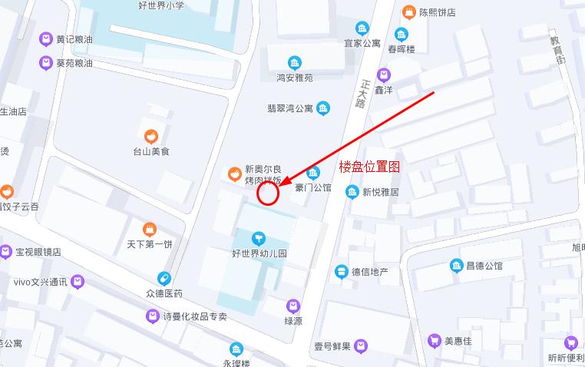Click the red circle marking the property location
[267, 193]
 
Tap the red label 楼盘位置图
[369, 166]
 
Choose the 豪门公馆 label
[312, 187]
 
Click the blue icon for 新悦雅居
[352, 192]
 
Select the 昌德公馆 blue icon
[456, 266]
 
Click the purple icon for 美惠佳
[434, 341]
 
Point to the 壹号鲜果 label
[332, 346]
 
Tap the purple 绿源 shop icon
[293, 306]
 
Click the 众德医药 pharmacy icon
[164, 279]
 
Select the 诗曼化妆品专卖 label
[195, 316]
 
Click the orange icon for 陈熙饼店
[408, 12]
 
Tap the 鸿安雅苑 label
[295, 78]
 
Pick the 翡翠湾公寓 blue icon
[323, 108]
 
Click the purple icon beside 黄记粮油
[45, 39]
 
